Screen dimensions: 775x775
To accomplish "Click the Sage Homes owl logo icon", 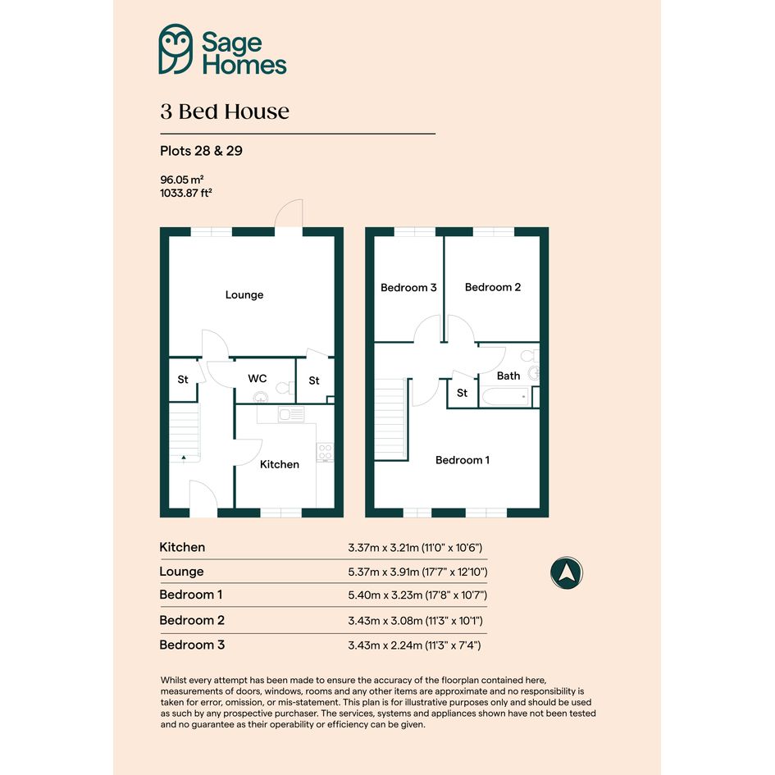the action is click(176, 49).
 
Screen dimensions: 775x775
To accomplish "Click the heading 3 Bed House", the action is click(225, 112).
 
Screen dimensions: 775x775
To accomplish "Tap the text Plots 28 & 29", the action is click(201, 151).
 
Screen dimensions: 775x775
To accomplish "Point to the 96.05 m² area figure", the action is click(182, 180).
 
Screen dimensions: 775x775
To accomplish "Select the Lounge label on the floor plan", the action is click(244, 295).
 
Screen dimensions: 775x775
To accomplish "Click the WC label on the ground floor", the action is click(257, 379).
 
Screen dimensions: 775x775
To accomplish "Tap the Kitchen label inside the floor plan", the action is click(280, 465).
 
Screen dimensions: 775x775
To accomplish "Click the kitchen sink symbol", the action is click(291, 413).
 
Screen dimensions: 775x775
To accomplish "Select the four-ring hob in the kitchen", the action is click(326, 452).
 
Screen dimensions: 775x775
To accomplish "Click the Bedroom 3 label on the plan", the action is click(408, 288).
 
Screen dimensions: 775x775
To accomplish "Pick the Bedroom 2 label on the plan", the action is click(493, 287).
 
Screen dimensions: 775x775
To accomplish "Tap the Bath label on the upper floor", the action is click(508, 376).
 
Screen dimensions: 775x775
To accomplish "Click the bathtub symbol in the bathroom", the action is click(505, 397).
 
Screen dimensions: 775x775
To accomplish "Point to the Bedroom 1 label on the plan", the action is click(463, 460).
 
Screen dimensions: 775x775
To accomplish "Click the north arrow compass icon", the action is click(567, 573).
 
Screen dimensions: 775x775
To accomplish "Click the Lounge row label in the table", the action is click(181, 572).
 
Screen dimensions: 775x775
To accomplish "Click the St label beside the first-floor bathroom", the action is click(462, 393).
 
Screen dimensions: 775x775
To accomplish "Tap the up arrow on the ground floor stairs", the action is click(184, 458).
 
